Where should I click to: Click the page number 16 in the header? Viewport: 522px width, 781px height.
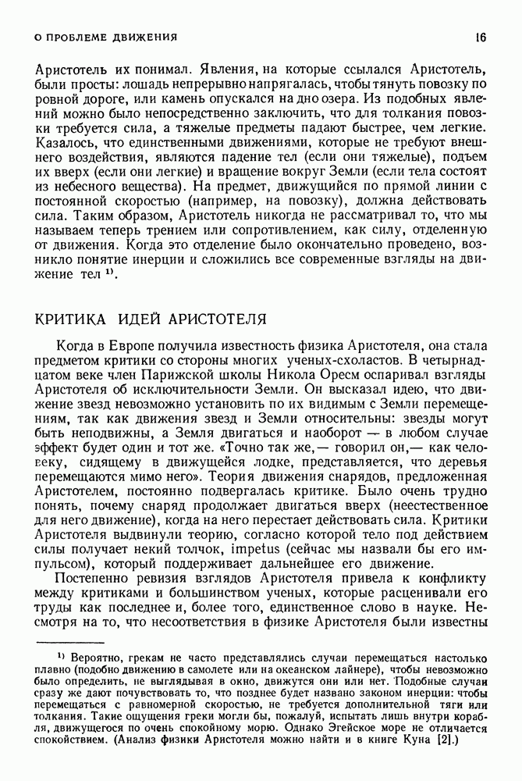pyautogui.click(x=481, y=37)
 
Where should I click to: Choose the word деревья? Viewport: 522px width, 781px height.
pyautogui.click(x=460, y=461)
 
